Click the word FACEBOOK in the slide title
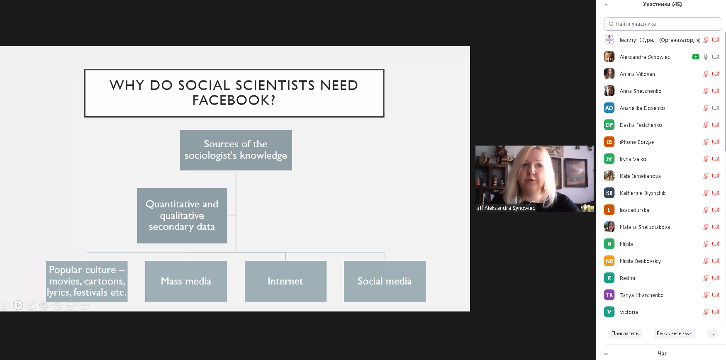[x=231, y=100]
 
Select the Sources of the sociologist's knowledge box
[x=236, y=150]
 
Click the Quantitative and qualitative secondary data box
[x=182, y=216]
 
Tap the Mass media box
[x=186, y=281]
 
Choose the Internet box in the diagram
[x=285, y=281]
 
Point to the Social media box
[x=385, y=281]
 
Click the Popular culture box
[x=87, y=281]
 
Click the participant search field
[x=663, y=24]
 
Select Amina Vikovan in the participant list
[x=637, y=74]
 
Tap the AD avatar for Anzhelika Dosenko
[x=609, y=108]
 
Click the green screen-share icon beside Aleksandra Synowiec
[x=696, y=57]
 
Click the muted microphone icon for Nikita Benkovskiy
[x=705, y=261]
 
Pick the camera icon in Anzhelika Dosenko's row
[x=716, y=108]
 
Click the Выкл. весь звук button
[x=674, y=333]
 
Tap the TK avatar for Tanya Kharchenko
[x=609, y=295]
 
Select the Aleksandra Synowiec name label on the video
[x=509, y=208]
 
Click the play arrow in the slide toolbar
[x=18, y=305]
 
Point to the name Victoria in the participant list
[x=629, y=312]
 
